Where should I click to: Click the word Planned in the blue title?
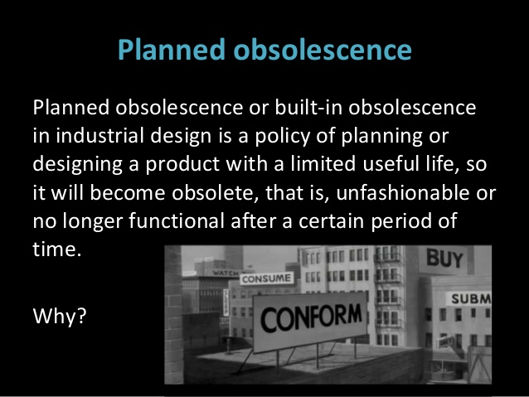click(172, 50)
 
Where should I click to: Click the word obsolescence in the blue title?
click(323, 50)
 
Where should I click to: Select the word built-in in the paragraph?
click(308, 107)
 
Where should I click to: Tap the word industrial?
click(100, 136)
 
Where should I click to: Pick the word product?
click(182, 165)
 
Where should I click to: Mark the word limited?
click(323, 164)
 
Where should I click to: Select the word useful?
click(386, 164)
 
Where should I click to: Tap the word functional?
click(177, 220)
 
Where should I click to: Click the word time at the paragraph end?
click(55, 249)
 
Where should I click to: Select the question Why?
click(60, 317)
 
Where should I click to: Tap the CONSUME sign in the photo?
click(266, 278)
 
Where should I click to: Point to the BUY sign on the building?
click(444, 259)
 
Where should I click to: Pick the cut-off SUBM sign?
click(470, 299)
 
